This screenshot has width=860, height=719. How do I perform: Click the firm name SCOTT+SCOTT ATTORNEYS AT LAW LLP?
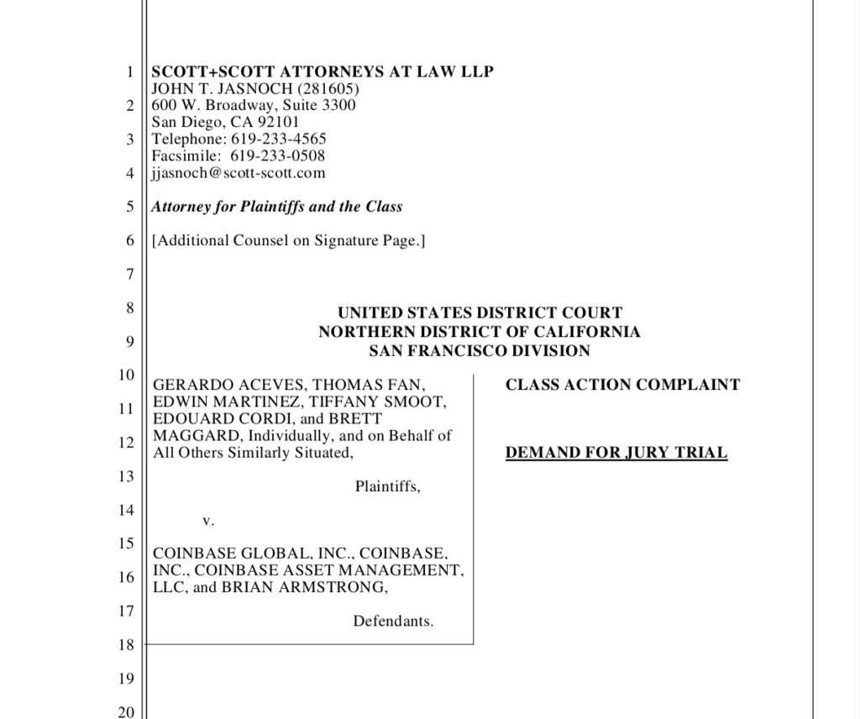[322, 71]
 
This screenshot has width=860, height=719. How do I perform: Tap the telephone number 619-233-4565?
[278, 139]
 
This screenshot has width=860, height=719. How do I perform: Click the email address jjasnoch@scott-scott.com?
[238, 173]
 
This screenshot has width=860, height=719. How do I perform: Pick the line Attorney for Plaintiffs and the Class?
[276, 207]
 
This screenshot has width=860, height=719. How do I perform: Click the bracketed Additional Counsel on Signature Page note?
[288, 240]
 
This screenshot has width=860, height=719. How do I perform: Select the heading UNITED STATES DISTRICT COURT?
[480, 313]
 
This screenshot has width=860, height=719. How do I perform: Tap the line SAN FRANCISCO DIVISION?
[479, 351]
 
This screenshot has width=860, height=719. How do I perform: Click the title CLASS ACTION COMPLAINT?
[622, 385]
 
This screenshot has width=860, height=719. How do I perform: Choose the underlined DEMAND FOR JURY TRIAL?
[616, 453]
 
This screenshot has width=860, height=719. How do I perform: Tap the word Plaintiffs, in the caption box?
[387, 486]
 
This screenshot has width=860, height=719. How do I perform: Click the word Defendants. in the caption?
[392, 622]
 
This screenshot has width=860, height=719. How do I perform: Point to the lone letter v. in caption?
[208, 521]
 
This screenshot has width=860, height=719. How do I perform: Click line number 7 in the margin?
[129, 274]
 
